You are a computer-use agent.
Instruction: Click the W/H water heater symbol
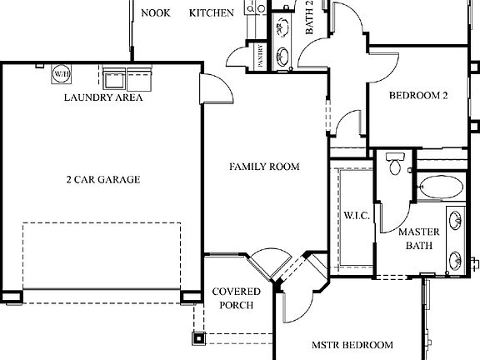61,74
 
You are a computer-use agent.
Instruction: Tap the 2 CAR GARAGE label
103,179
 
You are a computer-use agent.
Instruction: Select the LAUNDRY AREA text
103,97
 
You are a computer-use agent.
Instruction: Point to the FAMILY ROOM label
264,167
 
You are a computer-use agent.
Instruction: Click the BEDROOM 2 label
418,96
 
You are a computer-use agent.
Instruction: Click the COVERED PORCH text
236,298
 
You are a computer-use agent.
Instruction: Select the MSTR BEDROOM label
352,345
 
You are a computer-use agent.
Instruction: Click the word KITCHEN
212,12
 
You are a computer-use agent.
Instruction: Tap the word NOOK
156,12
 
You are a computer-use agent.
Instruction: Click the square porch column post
199,337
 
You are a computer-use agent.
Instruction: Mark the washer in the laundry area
114,77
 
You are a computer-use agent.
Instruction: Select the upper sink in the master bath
456,222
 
